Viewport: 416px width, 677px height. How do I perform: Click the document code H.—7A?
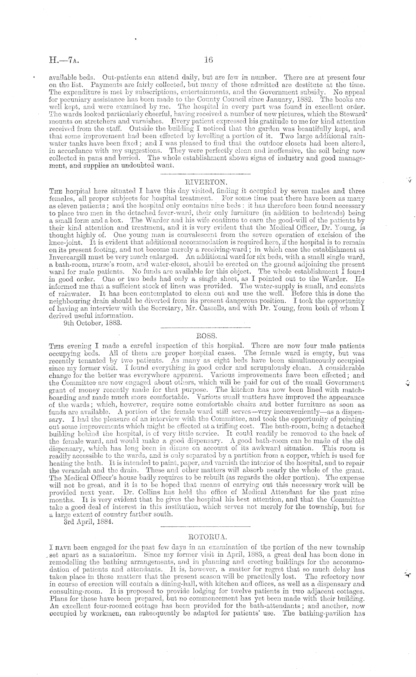(x=64, y=59)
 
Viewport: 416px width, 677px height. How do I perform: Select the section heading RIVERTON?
(x=205, y=182)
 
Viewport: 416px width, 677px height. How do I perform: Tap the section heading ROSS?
(x=205, y=336)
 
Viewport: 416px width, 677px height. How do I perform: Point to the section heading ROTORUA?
(x=205, y=537)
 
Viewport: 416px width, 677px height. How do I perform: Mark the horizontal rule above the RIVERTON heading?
(x=205, y=174)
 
